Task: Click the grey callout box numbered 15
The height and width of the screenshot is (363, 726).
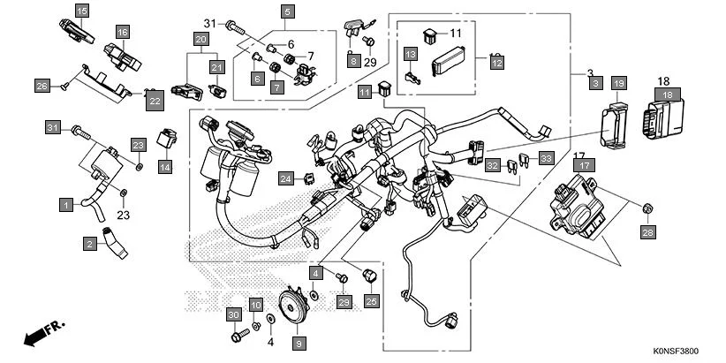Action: coord(82,11)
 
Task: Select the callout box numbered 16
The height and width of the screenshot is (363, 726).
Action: coord(121,33)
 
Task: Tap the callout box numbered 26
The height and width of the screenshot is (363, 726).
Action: coord(41,86)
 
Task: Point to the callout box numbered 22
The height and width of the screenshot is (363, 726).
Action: coord(155,102)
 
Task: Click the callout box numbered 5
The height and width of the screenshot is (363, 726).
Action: coord(287,11)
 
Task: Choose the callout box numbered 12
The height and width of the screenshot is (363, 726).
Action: coord(496,64)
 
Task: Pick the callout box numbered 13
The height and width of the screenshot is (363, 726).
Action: coord(411,55)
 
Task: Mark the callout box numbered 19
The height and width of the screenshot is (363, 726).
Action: coord(619,83)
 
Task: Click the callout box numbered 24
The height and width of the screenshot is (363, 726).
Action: coord(286,179)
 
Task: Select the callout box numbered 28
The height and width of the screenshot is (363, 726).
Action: coord(647,232)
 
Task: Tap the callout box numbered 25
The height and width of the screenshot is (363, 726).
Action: coord(371,301)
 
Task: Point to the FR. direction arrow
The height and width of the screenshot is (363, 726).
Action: coord(45,334)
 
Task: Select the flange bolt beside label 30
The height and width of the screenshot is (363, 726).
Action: coord(238,336)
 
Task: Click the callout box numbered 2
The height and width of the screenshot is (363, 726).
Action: coord(90,242)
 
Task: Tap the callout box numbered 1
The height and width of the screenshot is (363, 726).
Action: coord(65,205)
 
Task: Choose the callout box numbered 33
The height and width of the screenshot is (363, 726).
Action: coord(546,159)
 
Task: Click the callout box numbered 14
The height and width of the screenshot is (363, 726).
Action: coord(165,165)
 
